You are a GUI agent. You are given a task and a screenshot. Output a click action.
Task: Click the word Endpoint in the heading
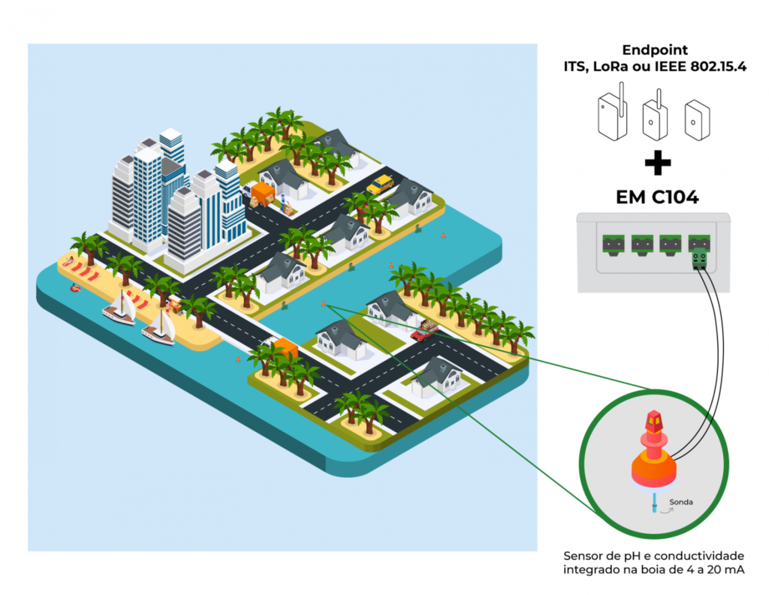pos(655,50)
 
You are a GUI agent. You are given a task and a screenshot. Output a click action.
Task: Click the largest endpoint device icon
pos(611,116)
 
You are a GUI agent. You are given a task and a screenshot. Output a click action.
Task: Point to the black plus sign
pos(657,163)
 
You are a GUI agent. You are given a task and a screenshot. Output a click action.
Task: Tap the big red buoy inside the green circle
pos(654,449)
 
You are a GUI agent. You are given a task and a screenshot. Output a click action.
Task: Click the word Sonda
pos(680,502)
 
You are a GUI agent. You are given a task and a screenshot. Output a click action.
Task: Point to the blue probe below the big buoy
pos(654,503)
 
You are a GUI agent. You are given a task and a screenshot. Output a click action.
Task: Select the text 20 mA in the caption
pos(725,571)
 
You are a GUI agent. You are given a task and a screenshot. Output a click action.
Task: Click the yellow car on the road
pos(380,184)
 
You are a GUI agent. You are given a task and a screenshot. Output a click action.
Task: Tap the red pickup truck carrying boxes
pos(424,329)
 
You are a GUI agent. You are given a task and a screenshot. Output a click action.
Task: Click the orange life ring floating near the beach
pos(76,287)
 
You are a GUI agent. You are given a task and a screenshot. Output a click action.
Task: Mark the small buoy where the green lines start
pos(324,302)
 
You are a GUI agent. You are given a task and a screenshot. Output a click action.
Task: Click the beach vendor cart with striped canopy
pos(174,302)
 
